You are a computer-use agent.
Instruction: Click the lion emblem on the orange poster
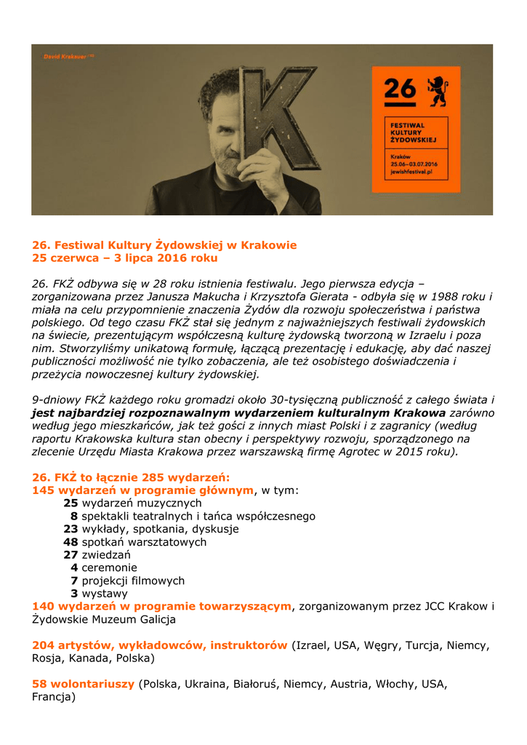click(x=437, y=89)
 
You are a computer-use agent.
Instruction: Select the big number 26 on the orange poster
click(x=400, y=89)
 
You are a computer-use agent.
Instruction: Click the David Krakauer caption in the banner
click(x=68, y=56)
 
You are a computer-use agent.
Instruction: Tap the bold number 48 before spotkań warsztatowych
click(x=71, y=542)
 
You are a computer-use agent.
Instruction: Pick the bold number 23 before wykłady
click(x=71, y=529)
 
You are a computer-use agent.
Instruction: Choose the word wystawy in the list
click(x=105, y=594)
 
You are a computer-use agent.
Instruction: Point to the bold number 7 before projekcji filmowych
click(x=74, y=581)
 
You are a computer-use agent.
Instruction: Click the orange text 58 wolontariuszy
click(x=84, y=684)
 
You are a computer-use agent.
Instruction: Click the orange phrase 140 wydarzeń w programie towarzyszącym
click(x=161, y=607)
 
